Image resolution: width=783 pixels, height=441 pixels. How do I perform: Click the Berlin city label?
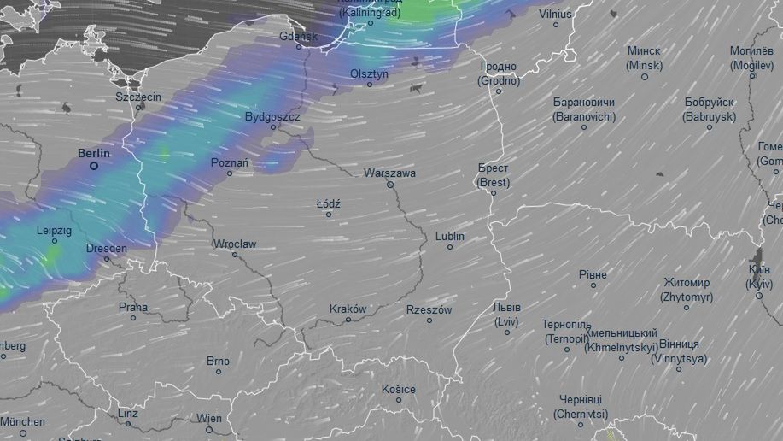[94, 153]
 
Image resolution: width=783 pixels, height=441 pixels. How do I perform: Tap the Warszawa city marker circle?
[390, 185]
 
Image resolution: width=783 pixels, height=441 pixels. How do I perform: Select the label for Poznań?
[230, 162]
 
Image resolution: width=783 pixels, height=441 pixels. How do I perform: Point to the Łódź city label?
[329, 204]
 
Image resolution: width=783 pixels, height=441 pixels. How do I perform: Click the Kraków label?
[348, 309]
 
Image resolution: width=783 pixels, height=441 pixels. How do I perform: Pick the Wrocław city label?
[235, 244]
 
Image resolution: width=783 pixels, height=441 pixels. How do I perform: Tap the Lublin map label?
[450, 236]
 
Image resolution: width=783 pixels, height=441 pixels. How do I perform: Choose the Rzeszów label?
[429, 309]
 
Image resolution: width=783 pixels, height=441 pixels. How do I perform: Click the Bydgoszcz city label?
[272, 116]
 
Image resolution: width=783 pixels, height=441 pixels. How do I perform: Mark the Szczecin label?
[138, 97]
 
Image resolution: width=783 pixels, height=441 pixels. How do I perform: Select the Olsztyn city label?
[369, 73]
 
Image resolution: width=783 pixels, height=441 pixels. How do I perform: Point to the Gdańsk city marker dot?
[299, 47]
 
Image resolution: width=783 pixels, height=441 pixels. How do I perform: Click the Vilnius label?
[555, 15]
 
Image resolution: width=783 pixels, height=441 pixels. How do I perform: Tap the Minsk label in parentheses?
[644, 65]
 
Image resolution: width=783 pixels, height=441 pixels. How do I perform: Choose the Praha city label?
[133, 307]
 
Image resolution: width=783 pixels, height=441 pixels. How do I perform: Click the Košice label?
[399, 389]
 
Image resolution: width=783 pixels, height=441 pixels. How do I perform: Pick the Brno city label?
[218, 361]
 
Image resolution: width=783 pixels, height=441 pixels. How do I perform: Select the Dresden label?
[106, 248]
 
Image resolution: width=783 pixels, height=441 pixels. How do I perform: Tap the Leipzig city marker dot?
[55, 241]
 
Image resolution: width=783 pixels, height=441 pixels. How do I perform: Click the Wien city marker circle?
[209, 429]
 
